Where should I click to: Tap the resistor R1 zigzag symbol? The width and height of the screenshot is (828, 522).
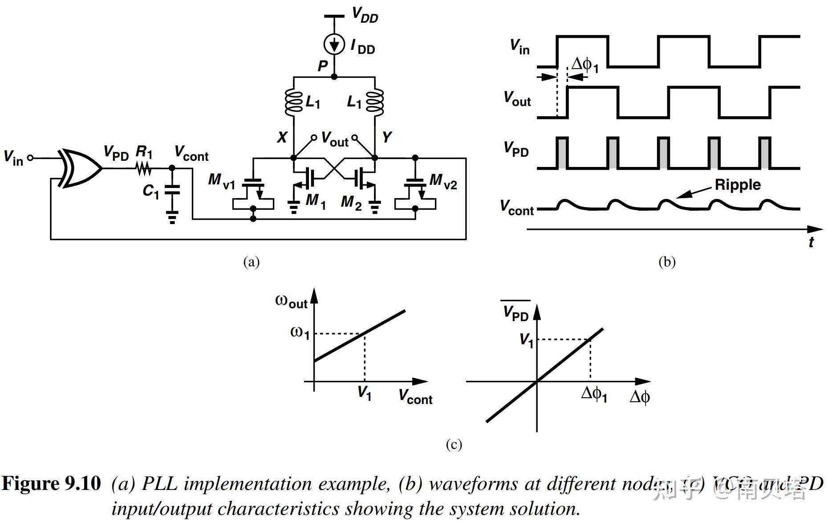(143, 169)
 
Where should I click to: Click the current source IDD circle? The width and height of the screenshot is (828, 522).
(334, 45)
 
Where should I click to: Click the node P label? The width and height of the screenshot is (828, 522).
(322, 66)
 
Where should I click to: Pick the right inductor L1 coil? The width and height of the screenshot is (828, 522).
(375, 102)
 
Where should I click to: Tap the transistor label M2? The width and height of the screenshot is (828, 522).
(351, 202)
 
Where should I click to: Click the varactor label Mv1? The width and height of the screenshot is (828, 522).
(221, 181)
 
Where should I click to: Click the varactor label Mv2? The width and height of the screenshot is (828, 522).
(443, 181)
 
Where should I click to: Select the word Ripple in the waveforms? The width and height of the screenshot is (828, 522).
(738, 184)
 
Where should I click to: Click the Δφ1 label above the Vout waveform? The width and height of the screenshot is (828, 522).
(585, 65)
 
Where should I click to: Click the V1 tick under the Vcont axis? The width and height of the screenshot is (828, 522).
(365, 393)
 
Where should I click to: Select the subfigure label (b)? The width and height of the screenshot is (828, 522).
(666, 261)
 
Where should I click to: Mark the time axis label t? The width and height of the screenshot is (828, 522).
(811, 243)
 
